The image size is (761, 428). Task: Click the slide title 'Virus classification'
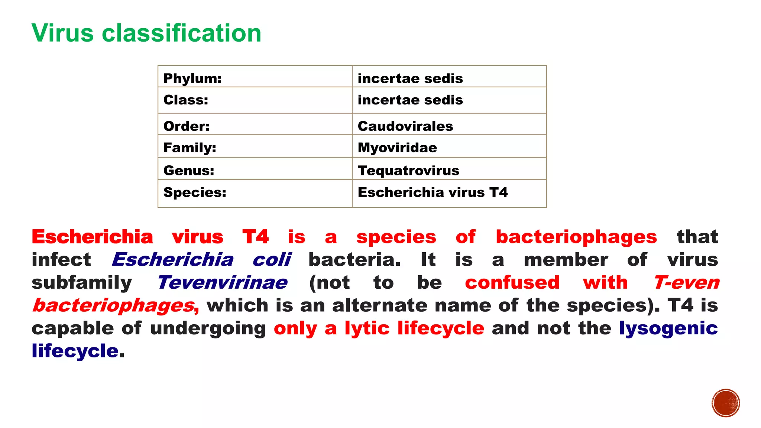(x=146, y=33)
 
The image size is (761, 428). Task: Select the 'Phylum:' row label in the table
(x=192, y=78)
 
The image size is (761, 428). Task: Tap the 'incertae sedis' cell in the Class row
(x=410, y=100)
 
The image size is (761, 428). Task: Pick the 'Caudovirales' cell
(x=405, y=126)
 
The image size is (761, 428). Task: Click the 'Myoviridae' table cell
(x=397, y=148)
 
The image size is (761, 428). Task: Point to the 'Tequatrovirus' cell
(x=408, y=171)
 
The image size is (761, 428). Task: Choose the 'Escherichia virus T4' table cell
(x=433, y=192)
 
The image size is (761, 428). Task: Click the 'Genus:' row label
(x=189, y=171)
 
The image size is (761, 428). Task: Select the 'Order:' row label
(x=187, y=126)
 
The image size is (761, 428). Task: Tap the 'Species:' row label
(x=195, y=192)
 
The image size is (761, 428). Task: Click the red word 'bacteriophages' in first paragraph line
(x=576, y=237)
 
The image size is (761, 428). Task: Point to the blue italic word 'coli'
(x=272, y=260)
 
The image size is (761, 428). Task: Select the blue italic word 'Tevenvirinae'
(x=222, y=283)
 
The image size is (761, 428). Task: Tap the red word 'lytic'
(x=367, y=328)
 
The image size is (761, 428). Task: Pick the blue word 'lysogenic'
(x=668, y=328)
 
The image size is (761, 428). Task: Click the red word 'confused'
(x=512, y=283)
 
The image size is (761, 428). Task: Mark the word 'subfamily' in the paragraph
(x=82, y=283)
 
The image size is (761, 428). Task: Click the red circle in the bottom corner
(x=726, y=403)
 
